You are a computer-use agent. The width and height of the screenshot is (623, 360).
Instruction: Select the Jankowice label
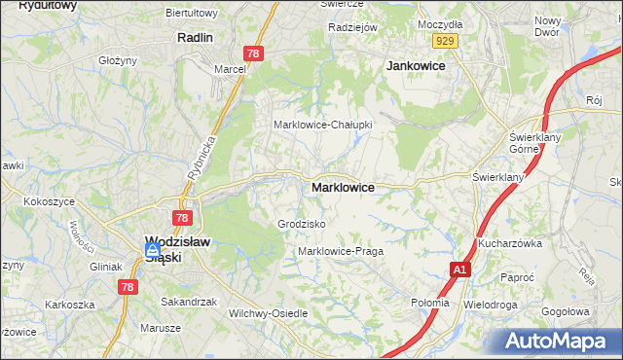pyautogui.click(x=416, y=65)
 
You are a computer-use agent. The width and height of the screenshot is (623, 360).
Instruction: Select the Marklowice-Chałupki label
pyautogui.click(x=322, y=125)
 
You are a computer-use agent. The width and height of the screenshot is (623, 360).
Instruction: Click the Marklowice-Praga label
pyautogui.click(x=341, y=251)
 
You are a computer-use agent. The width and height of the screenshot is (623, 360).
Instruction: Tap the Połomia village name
pyautogui.click(x=430, y=303)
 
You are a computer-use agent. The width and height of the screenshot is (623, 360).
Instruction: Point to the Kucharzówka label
pyautogui.click(x=509, y=243)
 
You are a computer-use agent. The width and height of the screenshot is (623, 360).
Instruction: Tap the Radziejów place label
pyautogui.click(x=352, y=27)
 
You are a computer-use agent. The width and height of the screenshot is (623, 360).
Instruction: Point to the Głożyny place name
pyautogui.click(x=118, y=59)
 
